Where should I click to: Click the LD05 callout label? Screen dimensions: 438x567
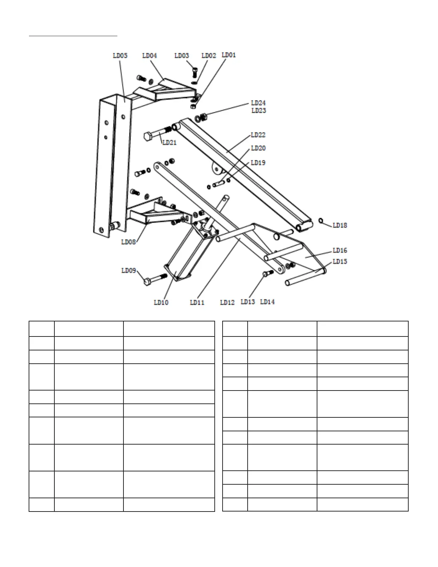[120, 56]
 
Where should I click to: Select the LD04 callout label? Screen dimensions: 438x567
[150, 56]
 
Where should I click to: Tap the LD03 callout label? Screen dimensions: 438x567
[181, 56]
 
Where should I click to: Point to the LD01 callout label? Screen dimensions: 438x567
[229, 55]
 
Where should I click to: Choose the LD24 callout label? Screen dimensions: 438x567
[258, 103]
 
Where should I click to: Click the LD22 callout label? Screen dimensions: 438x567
[258, 135]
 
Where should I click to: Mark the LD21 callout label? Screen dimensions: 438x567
[170, 142]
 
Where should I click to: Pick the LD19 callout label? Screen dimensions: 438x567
[258, 163]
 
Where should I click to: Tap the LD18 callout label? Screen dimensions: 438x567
[340, 226]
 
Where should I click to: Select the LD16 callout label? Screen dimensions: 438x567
[340, 251]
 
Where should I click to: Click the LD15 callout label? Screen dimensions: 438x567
[340, 262]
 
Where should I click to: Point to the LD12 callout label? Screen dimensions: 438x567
[227, 302]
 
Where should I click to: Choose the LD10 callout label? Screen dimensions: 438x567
[161, 302]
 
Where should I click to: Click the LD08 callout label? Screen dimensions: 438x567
[128, 242]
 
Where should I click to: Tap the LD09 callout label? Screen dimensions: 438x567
[128, 271]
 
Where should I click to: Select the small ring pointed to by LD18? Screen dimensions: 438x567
[321, 220]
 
